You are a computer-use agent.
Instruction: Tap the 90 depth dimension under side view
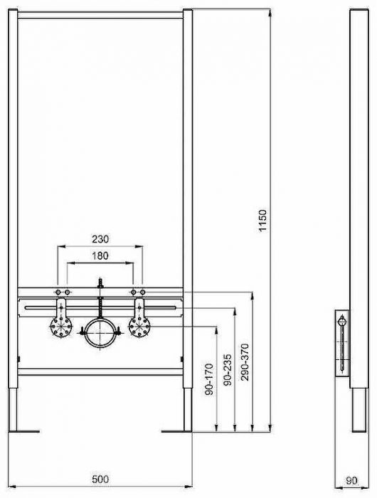point(352,481)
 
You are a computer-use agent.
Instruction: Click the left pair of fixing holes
point(60,292)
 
